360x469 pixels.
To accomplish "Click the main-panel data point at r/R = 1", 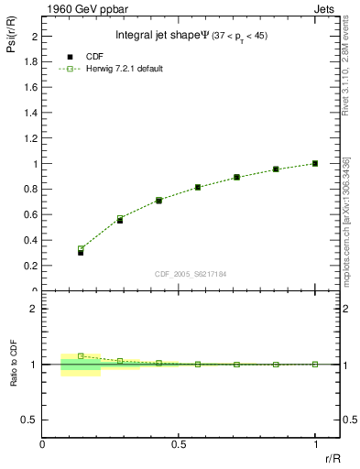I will (x=315, y=164).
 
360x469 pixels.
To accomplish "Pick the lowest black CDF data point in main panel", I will (x=81, y=252).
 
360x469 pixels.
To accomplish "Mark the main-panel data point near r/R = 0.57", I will (x=198, y=188).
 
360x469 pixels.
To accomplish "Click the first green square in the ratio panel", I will (x=81, y=355).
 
